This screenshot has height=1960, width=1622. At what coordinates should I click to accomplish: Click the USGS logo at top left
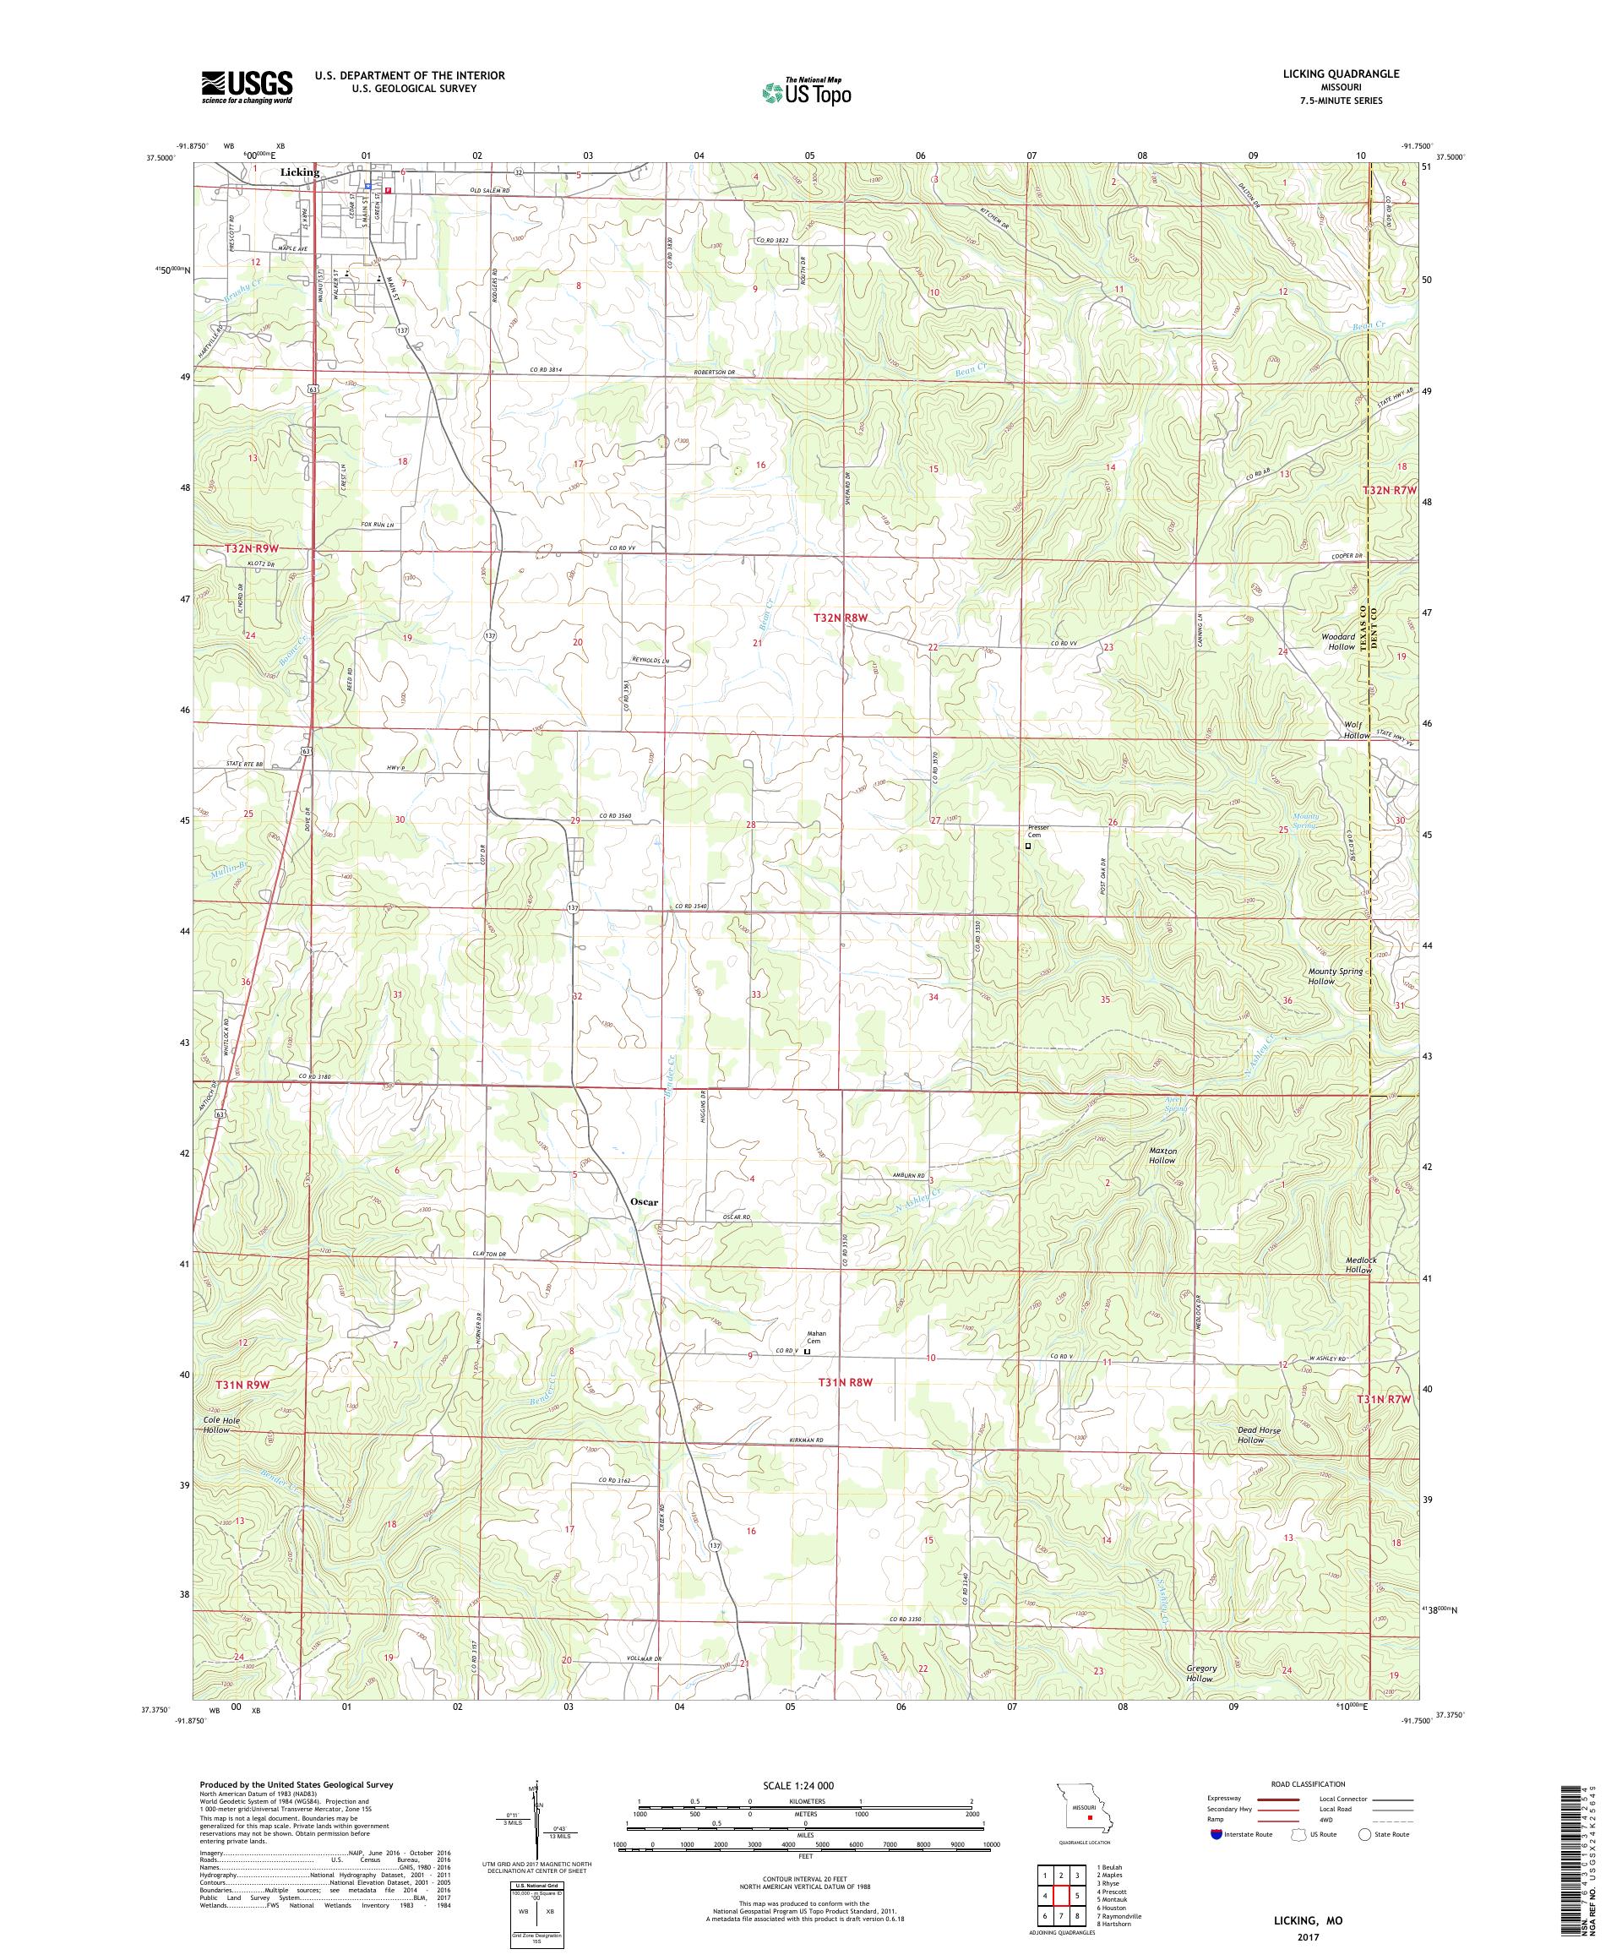pyautogui.click(x=247, y=88)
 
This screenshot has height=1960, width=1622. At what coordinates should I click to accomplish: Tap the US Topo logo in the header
pyautogui.click(x=808, y=90)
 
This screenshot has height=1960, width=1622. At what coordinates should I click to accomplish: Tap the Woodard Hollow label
pyautogui.click(x=1337, y=641)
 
